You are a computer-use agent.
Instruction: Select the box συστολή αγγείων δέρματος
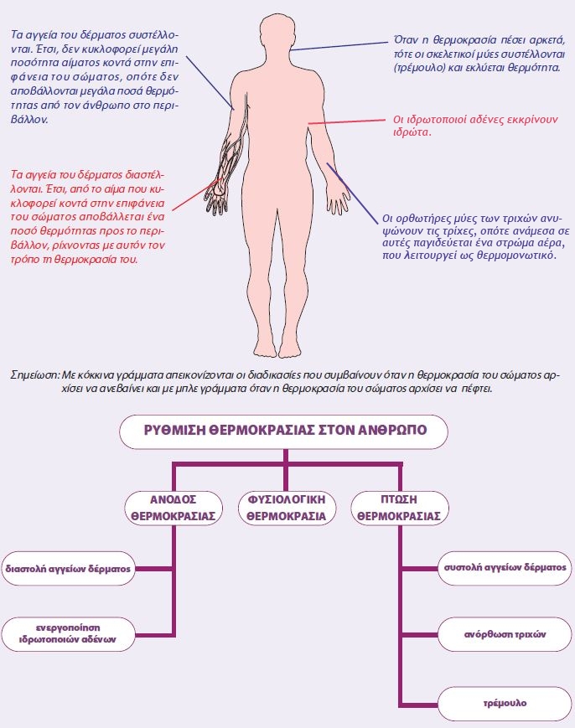(505, 567)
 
